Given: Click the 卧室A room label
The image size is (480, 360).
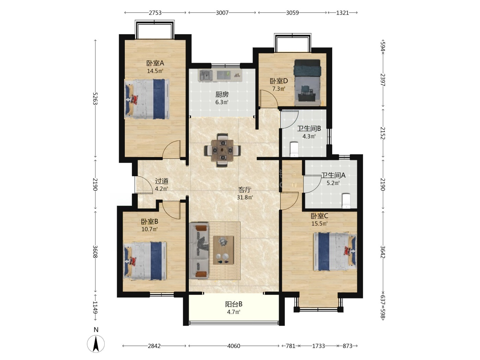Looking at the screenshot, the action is (x=155, y=63).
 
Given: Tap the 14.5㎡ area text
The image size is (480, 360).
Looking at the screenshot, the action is (x=155, y=71).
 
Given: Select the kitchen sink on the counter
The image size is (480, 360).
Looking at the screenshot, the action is (x=206, y=75).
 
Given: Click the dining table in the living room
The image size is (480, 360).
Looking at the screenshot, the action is (x=223, y=151).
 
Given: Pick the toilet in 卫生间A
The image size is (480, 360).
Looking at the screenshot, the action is (x=346, y=201).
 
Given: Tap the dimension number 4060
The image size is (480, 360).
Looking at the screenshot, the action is (x=233, y=346).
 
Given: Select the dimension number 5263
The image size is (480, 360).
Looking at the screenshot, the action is (x=95, y=99).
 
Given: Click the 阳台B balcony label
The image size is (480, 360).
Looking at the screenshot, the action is (x=233, y=304).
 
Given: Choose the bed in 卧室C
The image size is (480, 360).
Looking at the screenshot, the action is (x=335, y=252).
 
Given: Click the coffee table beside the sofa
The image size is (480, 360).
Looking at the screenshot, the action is (x=223, y=250).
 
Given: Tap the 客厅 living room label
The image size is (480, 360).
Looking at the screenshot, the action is (x=245, y=190).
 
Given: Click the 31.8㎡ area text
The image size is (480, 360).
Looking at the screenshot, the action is (x=245, y=197).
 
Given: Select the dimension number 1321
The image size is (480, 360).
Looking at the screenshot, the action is (x=342, y=13).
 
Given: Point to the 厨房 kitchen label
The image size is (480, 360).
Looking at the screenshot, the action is (x=222, y=94).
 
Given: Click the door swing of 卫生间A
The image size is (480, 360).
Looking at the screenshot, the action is (x=312, y=184).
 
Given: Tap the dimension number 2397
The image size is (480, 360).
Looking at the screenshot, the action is (x=383, y=80).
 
